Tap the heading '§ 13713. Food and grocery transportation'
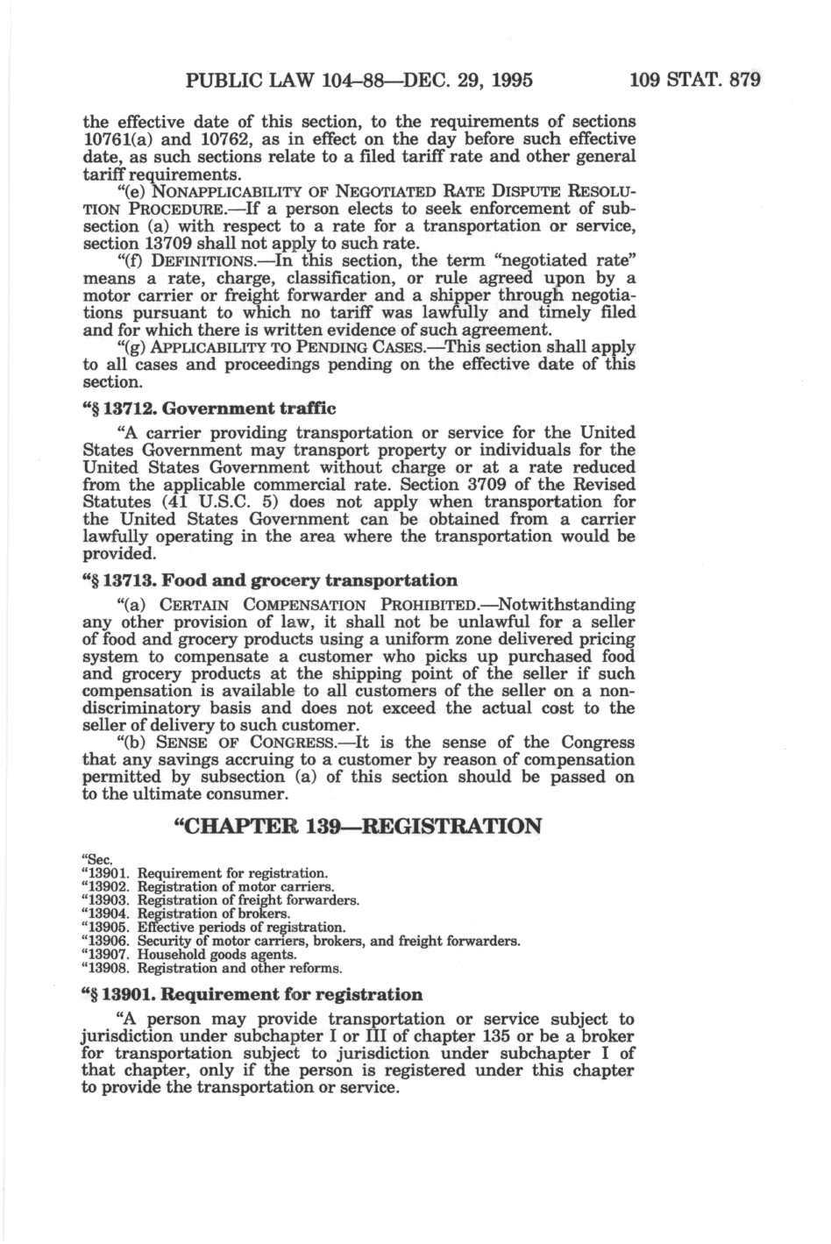269,579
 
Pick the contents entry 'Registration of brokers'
213,913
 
